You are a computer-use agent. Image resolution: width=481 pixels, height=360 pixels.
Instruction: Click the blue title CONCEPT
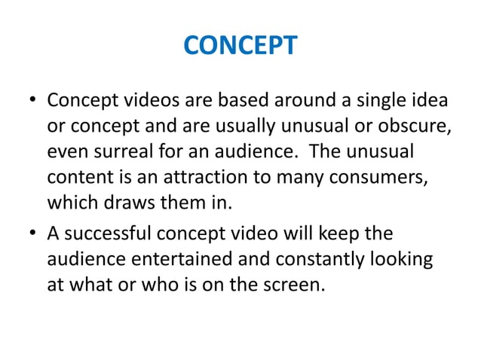(x=240, y=47)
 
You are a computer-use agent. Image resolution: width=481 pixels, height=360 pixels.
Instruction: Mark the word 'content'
(x=75, y=178)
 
